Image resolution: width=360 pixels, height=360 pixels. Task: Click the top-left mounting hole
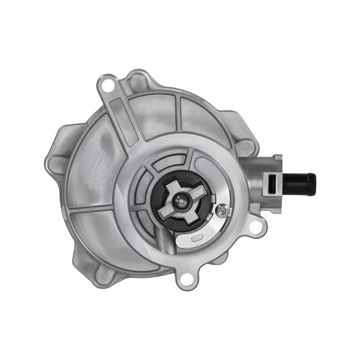click(108, 82)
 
